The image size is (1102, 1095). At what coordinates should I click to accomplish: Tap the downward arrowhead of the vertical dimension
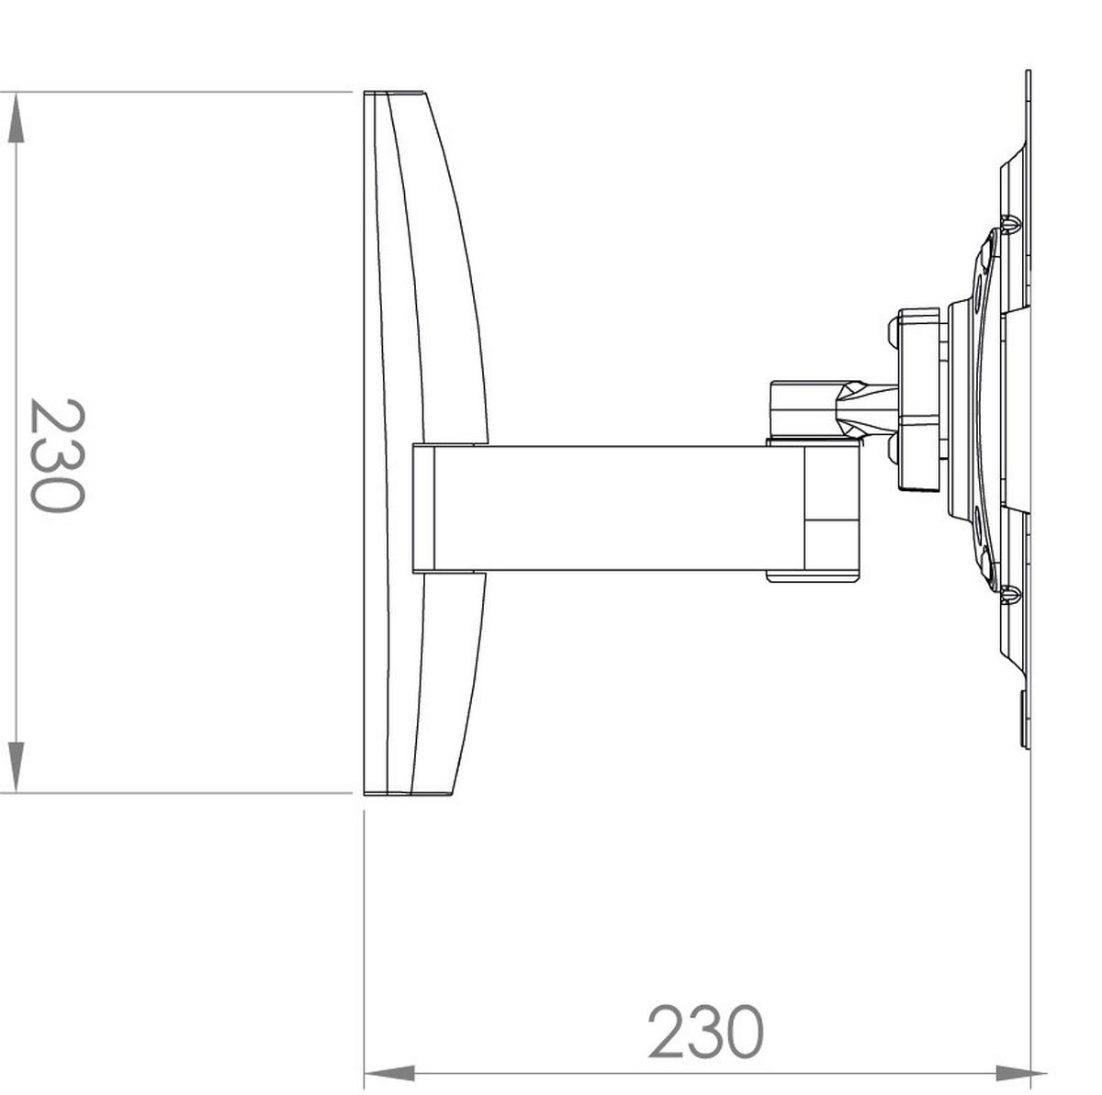16,767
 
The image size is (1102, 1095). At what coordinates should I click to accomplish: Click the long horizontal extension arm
619,508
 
